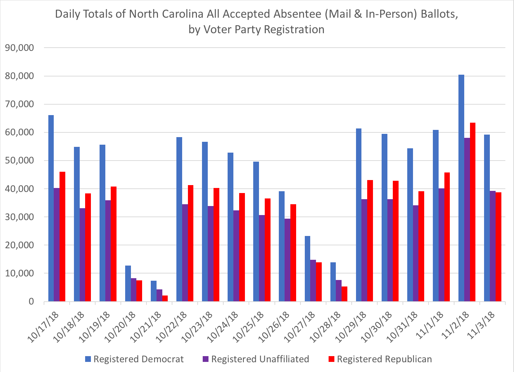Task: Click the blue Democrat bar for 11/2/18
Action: pos(461,188)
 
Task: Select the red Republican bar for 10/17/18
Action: pos(62,236)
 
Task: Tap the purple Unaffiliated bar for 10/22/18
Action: pos(185,253)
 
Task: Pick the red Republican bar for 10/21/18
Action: pos(165,298)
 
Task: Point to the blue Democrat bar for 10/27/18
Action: pos(308,268)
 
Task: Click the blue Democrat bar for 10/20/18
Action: pos(128,283)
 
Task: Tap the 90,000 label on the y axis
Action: pos(18,48)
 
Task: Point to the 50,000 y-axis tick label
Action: pos(18,161)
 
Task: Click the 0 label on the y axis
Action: pos(31,302)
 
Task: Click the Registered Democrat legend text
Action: pos(139,359)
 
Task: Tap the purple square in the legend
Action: pos(206,359)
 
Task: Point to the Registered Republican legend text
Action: pos(385,359)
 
